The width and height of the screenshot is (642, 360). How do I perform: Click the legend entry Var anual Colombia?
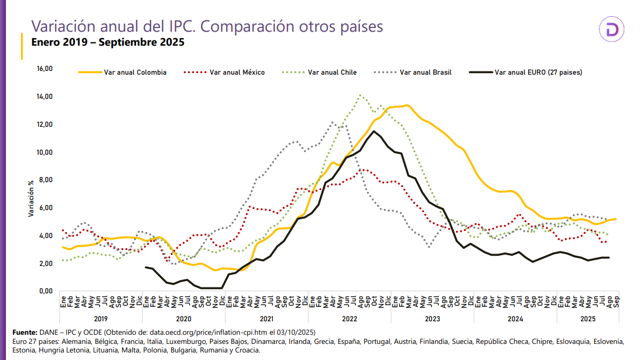(135, 72)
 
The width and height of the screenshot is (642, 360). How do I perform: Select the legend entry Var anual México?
(237, 72)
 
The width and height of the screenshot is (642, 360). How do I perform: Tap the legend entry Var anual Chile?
(333, 72)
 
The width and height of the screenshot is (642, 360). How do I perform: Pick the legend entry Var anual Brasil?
(425, 72)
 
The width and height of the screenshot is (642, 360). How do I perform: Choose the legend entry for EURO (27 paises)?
(538, 72)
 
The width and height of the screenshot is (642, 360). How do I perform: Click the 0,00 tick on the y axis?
(45, 291)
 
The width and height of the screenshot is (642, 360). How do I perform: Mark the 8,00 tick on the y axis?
(45, 180)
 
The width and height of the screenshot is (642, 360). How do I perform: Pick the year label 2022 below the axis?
(349, 319)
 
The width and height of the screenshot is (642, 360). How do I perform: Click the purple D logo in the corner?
(612, 31)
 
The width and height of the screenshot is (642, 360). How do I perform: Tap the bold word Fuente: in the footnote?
(24, 332)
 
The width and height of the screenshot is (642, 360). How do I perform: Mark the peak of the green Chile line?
(360, 96)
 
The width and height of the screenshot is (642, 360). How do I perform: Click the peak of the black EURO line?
(374, 131)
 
